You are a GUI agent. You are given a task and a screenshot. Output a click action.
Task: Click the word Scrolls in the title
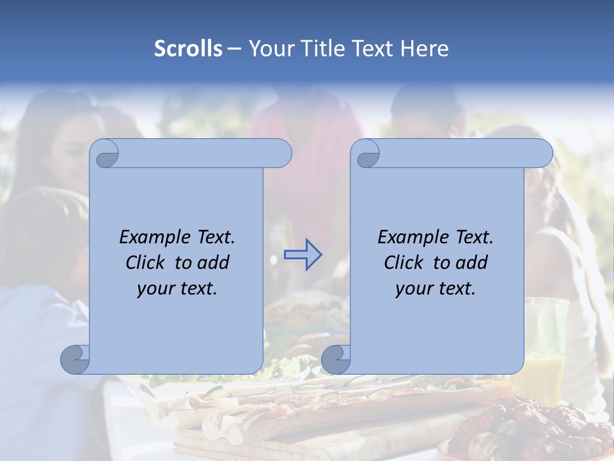coord(188,49)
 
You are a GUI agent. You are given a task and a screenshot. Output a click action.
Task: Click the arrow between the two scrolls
coord(303,255)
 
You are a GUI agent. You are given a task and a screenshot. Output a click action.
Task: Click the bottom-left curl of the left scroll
coord(75,359)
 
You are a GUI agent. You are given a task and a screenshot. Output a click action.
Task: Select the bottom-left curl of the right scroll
coord(335,359)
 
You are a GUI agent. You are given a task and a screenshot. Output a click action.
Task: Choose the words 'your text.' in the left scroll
coord(177,289)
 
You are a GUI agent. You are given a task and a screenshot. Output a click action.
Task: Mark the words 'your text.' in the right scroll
coord(436,289)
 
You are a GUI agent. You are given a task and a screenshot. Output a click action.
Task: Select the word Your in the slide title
coord(269,49)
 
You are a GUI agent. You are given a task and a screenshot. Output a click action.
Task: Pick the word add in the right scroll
coord(471,263)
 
